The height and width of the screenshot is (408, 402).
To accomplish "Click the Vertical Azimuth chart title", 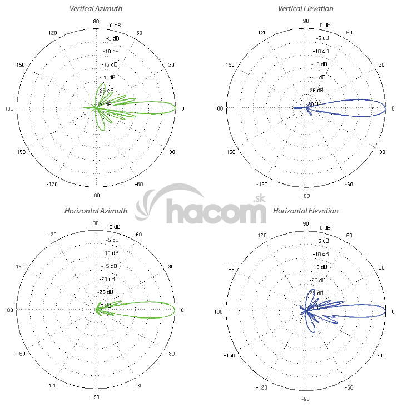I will pyautogui.click(x=96, y=9).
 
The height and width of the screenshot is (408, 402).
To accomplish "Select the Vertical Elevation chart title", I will pyautogui.click(x=306, y=9).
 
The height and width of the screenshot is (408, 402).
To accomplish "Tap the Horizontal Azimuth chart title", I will pyautogui.click(x=96, y=211).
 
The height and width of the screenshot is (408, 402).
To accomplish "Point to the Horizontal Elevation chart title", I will pyautogui.click(x=306, y=211).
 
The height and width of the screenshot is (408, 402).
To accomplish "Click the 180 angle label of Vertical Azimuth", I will pyautogui.click(x=9, y=108).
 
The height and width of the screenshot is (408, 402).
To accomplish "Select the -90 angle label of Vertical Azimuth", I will pyautogui.click(x=96, y=196).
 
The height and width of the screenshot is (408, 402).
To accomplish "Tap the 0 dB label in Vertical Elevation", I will pyautogui.click(x=325, y=26).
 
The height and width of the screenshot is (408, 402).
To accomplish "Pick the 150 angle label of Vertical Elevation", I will pyautogui.click(x=231, y=65).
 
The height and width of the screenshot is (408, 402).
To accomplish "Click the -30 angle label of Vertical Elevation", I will pyautogui.click(x=381, y=152).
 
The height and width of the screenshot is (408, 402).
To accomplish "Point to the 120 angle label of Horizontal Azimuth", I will pyautogui.click(x=53, y=235).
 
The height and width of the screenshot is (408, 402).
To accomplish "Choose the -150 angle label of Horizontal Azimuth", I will pyautogui.click(x=21, y=354).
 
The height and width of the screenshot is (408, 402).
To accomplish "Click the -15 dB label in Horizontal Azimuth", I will pyautogui.click(x=111, y=266).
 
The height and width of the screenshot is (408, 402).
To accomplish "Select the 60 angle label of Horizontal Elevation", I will pyautogui.click(x=349, y=235).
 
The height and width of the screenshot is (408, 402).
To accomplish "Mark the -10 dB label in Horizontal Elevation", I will pyautogui.click(x=321, y=253).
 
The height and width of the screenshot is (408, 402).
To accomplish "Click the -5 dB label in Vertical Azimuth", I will pyautogui.click(x=112, y=39).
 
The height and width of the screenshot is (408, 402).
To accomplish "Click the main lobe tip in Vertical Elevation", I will pyautogui.click(x=385, y=108).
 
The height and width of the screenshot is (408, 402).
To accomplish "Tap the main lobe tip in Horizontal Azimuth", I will pyautogui.click(x=175, y=310).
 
